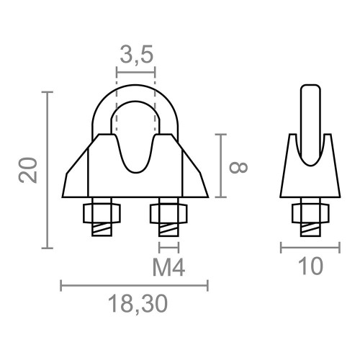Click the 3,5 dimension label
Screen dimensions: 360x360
click(135, 55)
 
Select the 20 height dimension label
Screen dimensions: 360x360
click(28, 171)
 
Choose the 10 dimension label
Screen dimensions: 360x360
click(310, 267)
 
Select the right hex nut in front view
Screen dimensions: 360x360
click(167, 213)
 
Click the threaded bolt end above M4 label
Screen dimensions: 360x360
click(167, 230)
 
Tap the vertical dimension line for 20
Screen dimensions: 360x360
click(48, 171)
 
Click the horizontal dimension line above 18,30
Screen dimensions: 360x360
click(135, 286)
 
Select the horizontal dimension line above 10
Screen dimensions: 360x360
click(310, 248)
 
